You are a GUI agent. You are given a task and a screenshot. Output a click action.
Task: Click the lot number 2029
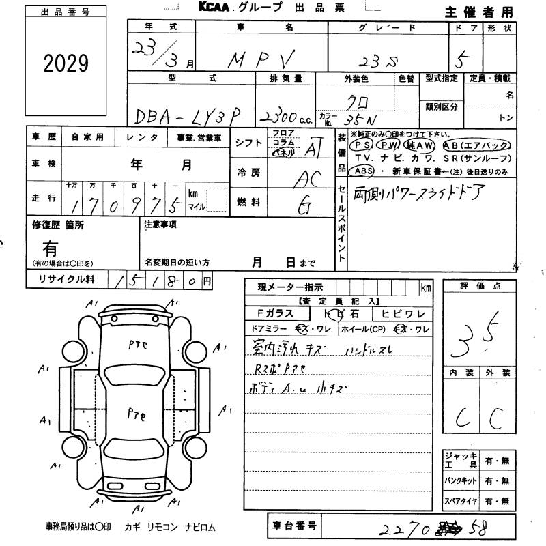[x=66, y=63]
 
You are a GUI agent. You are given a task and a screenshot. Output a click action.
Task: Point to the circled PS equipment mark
[x=360, y=145]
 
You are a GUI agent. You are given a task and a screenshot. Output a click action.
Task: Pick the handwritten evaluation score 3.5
[x=478, y=332]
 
